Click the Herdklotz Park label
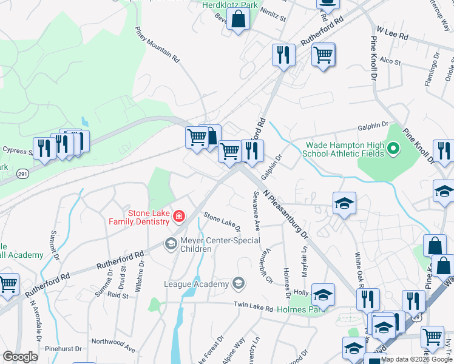point(230,5)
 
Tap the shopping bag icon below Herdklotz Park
point(239,20)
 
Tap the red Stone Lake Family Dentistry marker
point(178,216)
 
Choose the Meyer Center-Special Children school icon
point(171,244)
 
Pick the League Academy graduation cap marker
point(239,283)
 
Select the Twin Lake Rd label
point(253,308)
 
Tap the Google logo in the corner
point(21,357)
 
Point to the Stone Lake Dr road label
point(222,221)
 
